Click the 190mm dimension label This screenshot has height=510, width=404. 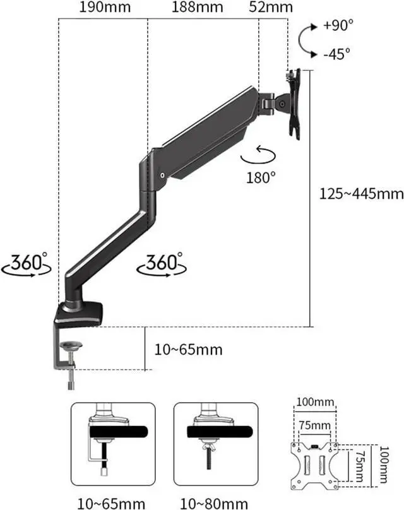tap(105, 7)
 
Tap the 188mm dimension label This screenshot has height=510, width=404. tap(198, 7)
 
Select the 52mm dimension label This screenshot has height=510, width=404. tap(271, 7)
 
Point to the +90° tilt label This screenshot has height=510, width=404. tap(338, 25)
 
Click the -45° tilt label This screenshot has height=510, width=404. tap(337, 54)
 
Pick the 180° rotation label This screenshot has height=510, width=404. tap(261, 177)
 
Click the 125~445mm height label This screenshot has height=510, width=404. tap(361, 194)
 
